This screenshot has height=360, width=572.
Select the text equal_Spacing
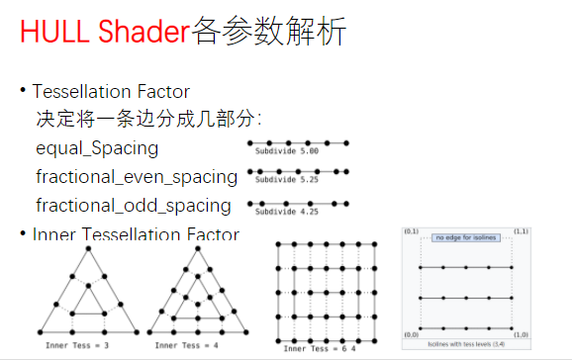tap(97, 148)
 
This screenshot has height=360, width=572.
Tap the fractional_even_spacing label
tap(137, 177)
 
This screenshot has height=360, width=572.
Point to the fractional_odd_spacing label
tap(134, 206)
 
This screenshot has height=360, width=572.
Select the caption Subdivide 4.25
tap(286, 211)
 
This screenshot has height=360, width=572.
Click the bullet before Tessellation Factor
tap(23, 91)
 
